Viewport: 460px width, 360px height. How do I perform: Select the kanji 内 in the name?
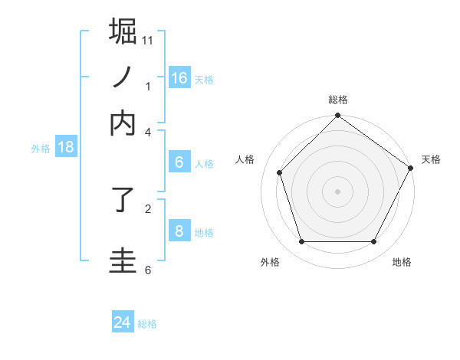123,123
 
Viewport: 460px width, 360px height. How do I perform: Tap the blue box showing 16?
179,77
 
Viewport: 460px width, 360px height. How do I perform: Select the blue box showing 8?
179,231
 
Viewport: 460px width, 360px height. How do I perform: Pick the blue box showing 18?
66,147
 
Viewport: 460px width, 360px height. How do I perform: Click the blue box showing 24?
123,322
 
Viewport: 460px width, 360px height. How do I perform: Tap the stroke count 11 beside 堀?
147,39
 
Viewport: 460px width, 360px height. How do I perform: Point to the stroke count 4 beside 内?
148,131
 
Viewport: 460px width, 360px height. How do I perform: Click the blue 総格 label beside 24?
147,324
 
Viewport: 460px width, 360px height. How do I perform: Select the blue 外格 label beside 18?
41,149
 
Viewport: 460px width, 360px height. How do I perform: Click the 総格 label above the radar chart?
337,100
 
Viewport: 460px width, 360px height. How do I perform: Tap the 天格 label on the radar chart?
431,159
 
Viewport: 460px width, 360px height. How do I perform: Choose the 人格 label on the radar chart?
245,159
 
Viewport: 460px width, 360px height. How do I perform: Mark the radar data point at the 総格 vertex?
337,117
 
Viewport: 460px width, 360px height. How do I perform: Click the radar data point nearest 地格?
374,242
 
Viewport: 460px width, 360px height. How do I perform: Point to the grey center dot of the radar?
337,191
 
